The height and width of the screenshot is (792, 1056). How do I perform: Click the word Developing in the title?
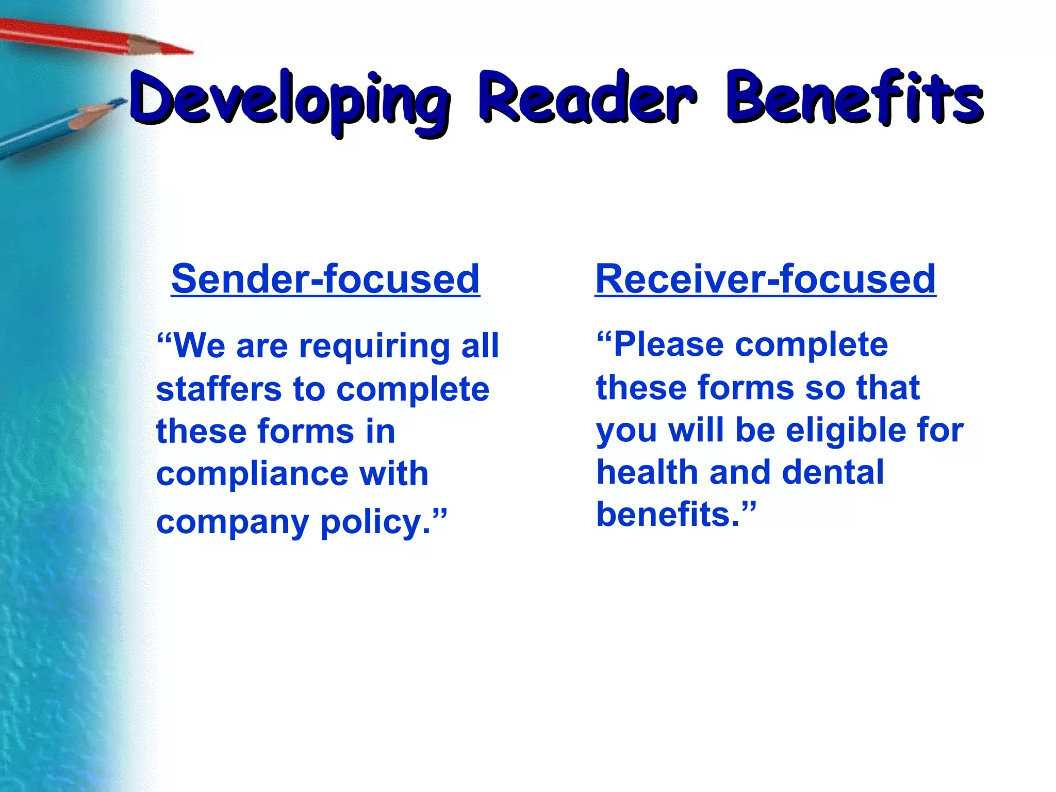point(289,101)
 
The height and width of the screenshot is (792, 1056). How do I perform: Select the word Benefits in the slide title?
point(854,98)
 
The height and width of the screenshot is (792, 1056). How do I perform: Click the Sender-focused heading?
point(325,279)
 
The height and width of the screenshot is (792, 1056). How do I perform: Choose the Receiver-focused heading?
point(765,279)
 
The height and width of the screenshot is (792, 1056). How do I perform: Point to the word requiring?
point(374,346)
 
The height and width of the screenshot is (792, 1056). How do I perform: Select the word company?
point(233,522)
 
